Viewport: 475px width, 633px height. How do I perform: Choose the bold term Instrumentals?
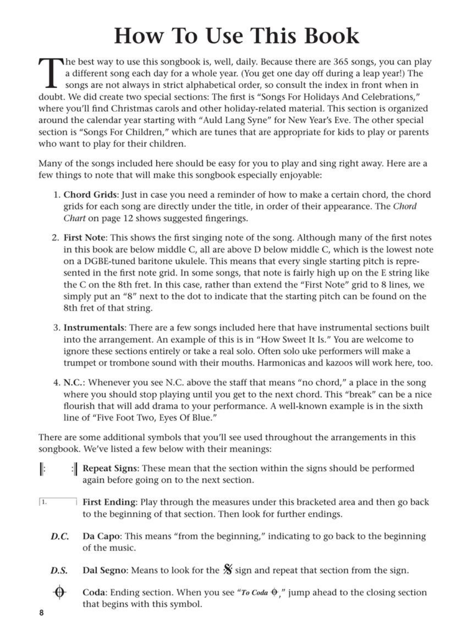[x=94, y=328]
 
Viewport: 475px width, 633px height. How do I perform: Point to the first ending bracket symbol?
[x=58, y=502]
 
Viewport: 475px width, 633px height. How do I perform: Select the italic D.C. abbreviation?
[x=59, y=537]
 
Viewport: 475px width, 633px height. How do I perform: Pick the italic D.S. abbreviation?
[x=59, y=571]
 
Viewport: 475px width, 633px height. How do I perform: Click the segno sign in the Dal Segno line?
[x=227, y=570]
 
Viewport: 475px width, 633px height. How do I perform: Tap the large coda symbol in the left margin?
[x=59, y=593]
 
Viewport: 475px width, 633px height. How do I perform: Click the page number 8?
[x=41, y=613]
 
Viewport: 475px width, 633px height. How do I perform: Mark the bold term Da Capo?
[x=101, y=536]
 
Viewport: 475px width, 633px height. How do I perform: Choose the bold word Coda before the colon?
[x=94, y=593]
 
